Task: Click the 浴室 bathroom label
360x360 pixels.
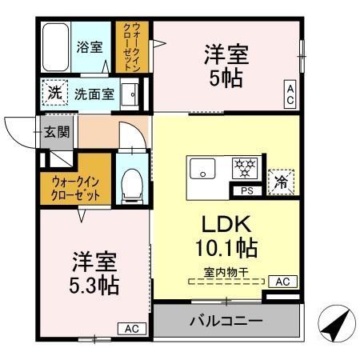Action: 89,47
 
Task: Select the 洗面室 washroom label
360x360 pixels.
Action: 94,94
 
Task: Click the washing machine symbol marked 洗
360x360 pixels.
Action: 53,93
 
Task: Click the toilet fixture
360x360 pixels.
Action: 130,182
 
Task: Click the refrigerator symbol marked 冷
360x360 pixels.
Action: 282,182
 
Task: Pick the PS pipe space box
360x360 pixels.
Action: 245,190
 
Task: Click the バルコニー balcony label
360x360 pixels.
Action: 226,322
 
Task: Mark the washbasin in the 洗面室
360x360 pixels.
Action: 131,94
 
